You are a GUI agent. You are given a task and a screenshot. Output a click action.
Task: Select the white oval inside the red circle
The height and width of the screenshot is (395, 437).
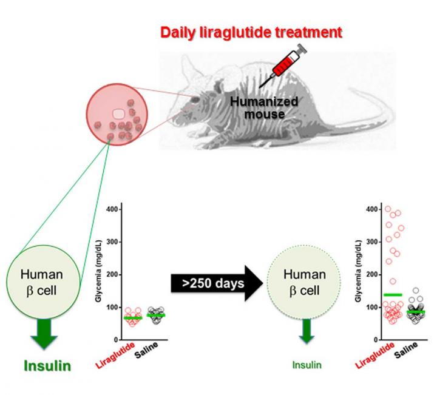coord(119,113)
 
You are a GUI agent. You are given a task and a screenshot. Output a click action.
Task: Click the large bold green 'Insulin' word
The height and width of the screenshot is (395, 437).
coord(47,366)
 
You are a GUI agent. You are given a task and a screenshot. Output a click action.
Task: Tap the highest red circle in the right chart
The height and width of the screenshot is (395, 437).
coord(371,209)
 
